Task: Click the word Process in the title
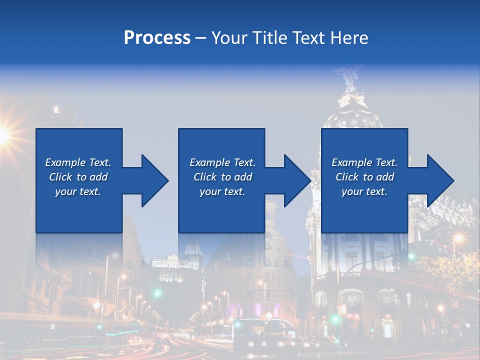tap(157, 38)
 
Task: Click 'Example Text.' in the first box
tap(78, 162)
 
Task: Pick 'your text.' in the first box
tap(78, 191)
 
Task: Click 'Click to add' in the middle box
tap(222, 177)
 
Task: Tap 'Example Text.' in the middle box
tap(222, 162)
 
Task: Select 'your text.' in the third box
tap(364, 191)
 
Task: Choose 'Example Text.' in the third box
tap(364, 162)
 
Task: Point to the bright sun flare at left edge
tap(3, 134)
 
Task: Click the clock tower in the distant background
tap(192, 247)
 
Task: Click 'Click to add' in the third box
tap(364, 177)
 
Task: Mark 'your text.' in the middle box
tap(222, 191)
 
